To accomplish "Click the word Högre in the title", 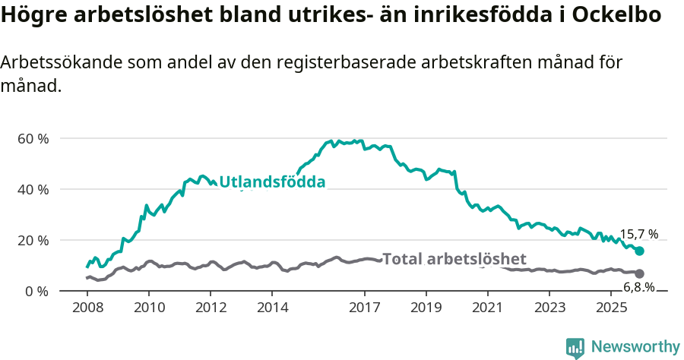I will pos(33,15).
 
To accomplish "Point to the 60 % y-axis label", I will pos(33,139).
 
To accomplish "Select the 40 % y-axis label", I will pos(33,190).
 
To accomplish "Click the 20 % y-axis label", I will pos(33,241).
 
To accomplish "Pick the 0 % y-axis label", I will pos(37,292).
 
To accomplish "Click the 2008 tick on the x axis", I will pos(87,308).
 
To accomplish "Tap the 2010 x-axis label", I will pos(149,308).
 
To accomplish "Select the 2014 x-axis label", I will pos(272,308).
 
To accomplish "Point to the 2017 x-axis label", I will pos(364,308).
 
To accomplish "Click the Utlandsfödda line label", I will pos(272,182).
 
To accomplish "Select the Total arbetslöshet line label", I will pos(454,259).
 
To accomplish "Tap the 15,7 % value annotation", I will pos(638,235).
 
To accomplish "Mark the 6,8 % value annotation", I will pos(638,287).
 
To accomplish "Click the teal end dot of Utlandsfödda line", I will pos(640,251).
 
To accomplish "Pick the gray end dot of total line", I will pos(640,273).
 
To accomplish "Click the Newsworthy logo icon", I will pos(575,348).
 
